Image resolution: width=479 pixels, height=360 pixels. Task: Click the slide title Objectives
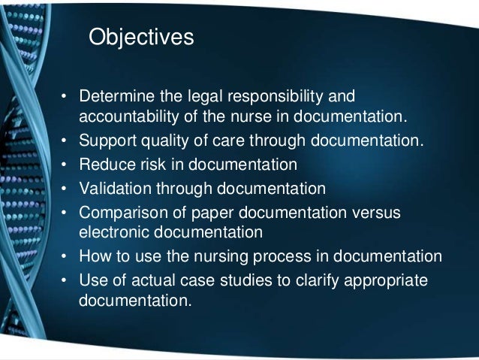click(141, 36)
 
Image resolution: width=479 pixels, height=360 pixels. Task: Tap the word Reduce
click(104, 163)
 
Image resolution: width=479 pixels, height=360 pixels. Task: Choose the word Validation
click(113, 187)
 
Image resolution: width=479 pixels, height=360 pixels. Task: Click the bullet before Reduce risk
click(65, 164)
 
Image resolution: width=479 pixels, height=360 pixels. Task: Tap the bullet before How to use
click(65, 256)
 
